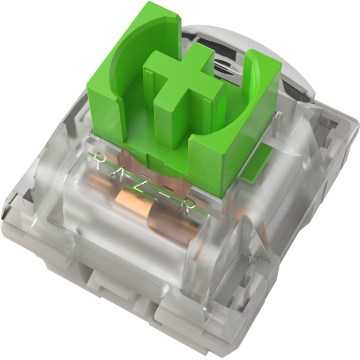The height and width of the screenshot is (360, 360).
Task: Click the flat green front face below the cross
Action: (202, 167)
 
